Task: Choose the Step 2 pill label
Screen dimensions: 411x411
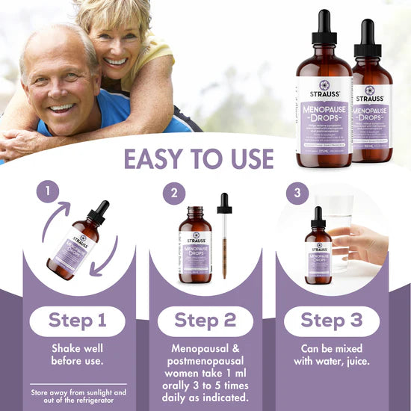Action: [205, 321]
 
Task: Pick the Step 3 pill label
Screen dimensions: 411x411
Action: [332, 321]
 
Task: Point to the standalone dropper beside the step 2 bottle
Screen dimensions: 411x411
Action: [224, 235]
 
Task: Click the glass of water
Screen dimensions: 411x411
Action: [336, 228]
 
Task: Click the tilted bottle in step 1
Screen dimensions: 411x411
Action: [75, 243]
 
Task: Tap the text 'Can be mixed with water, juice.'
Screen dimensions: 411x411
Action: [332, 356]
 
